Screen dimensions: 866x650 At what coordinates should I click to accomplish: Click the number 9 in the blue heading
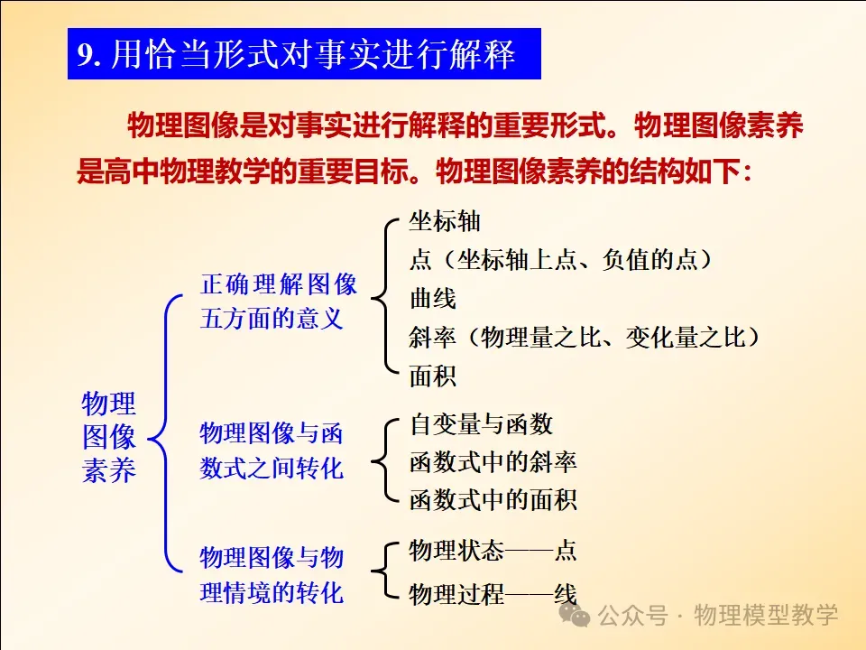[85, 54]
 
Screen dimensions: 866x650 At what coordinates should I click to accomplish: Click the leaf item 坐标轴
[445, 222]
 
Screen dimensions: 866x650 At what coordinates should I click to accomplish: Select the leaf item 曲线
[433, 299]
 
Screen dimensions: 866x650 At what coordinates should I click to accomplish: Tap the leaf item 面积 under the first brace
[433, 376]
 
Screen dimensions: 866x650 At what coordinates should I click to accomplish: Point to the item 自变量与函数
[481, 424]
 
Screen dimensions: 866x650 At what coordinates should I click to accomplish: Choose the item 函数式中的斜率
[493, 462]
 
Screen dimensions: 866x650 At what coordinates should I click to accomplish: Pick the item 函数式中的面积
[493, 500]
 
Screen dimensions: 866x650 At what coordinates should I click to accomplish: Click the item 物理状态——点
[493, 551]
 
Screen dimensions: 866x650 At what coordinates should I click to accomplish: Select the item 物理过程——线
[493, 595]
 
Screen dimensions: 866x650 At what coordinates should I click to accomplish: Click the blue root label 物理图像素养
[109, 437]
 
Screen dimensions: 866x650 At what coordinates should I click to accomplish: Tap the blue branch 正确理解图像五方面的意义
[279, 302]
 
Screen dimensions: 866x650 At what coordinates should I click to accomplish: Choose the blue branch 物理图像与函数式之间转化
[272, 450]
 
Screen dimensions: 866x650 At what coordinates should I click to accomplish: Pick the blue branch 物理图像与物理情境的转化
[272, 575]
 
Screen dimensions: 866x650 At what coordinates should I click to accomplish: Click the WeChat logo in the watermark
[575, 615]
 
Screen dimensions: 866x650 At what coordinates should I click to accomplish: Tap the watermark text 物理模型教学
[766, 615]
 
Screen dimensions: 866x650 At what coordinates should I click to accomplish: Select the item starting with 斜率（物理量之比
[585, 337]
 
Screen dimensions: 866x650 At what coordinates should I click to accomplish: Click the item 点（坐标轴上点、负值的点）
[560, 260]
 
